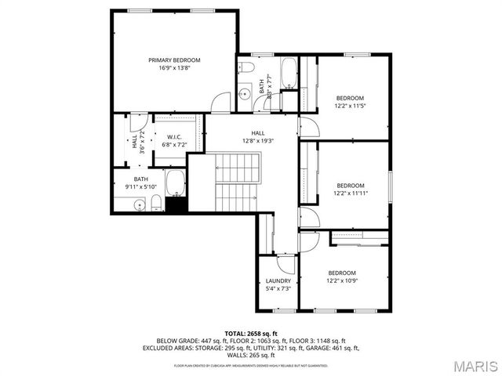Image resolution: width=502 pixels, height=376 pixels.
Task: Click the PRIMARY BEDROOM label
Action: click(175, 60)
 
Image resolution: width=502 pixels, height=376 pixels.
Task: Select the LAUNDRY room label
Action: click(278, 281)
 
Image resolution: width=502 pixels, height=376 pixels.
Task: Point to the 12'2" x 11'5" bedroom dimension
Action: click(350, 106)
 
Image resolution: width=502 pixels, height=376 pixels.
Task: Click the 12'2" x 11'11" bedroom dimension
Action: click(350, 193)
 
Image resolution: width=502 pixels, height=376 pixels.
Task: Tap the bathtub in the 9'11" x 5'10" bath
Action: click(175, 184)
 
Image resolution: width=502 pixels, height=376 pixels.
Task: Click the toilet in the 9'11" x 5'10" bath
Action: click(156, 204)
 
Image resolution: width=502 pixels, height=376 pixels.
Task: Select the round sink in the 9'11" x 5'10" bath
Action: click(139, 205)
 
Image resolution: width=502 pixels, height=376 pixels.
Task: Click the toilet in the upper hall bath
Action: click(246, 67)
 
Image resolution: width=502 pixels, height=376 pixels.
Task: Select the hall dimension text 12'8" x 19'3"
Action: click(258, 141)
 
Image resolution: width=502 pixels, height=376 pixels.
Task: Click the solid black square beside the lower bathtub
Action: click(176, 205)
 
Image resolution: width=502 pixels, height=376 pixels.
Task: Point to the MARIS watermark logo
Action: click(469, 364)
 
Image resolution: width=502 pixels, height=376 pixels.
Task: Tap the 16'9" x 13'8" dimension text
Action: click(175, 68)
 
